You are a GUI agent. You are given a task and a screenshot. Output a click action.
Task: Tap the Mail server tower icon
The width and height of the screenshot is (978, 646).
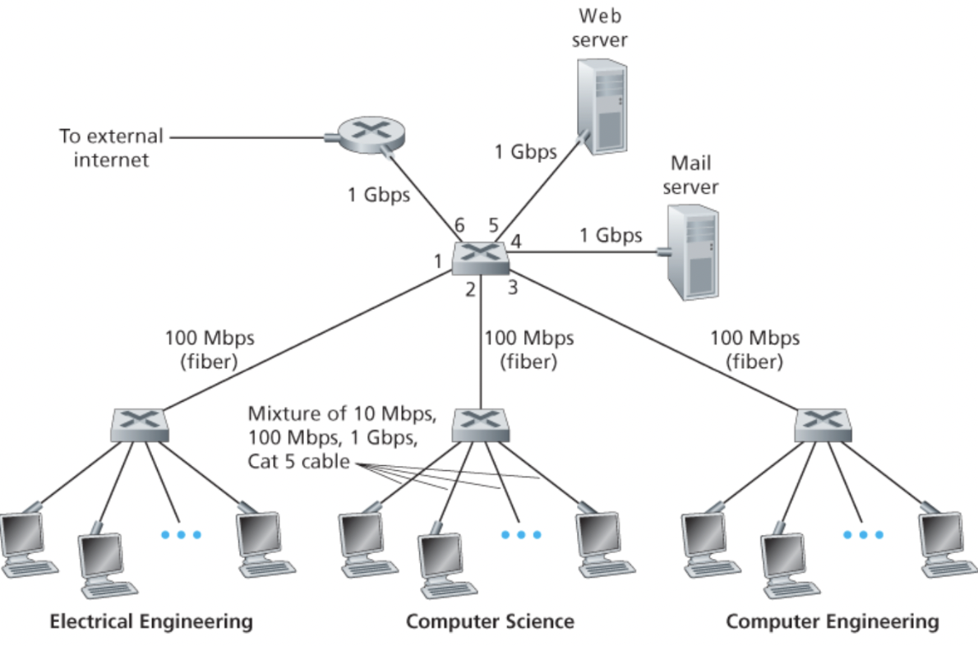click(692, 251)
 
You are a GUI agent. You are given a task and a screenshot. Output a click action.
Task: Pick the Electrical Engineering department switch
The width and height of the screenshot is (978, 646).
click(141, 424)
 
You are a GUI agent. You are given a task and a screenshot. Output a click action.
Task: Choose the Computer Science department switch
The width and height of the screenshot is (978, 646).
click(481, 424)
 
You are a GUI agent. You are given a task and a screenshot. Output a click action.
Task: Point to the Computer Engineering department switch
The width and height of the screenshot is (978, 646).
click(822, 424)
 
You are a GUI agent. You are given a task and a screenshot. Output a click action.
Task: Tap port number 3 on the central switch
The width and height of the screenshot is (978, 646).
click(511, 287)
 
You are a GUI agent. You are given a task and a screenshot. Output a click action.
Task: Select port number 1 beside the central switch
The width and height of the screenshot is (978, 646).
click(439, 261)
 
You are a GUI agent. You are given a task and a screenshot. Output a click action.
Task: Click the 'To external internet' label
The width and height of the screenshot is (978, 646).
click(112, 147)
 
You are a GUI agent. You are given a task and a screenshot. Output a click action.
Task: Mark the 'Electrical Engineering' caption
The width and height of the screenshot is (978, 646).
click(151, 621)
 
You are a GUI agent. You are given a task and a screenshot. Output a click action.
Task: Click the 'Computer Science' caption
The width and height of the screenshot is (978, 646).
click(490, 621)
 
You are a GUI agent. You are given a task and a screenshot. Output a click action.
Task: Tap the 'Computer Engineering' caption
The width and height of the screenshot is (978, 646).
click(832, 621)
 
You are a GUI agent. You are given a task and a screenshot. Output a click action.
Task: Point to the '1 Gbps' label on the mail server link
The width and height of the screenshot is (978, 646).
click(610, 236)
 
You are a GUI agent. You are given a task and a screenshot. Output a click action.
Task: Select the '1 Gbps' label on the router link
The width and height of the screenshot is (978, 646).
click(378, 195)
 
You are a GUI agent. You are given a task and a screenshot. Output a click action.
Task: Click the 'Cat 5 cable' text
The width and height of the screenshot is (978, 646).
click(297, 462)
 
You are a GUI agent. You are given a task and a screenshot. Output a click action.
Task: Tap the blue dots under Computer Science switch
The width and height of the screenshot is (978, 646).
click(521, 534)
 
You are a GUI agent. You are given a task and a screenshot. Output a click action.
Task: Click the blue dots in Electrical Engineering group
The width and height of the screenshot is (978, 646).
click(180, 534)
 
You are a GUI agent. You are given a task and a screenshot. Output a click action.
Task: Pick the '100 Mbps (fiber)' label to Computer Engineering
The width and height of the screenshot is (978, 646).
click(754, 349)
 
